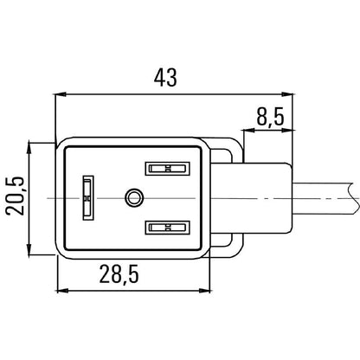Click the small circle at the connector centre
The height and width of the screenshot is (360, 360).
[x=132, y=199]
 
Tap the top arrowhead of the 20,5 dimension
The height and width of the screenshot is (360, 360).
[x=30, y=144]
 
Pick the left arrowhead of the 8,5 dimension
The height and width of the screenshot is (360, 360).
[x=247, y=131]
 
